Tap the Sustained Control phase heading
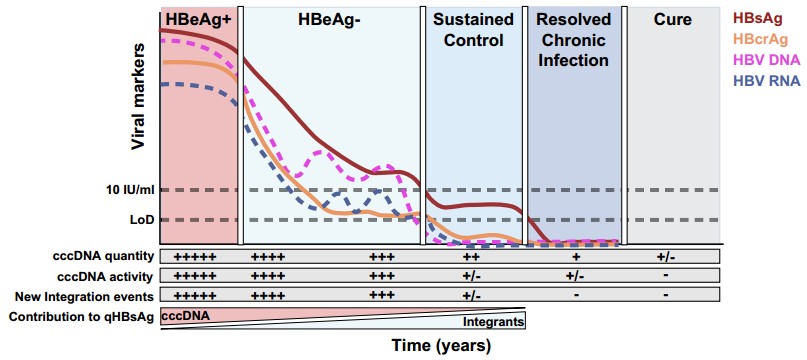point(472,29)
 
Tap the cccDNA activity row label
point(98,276)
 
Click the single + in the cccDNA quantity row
point(576,257)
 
